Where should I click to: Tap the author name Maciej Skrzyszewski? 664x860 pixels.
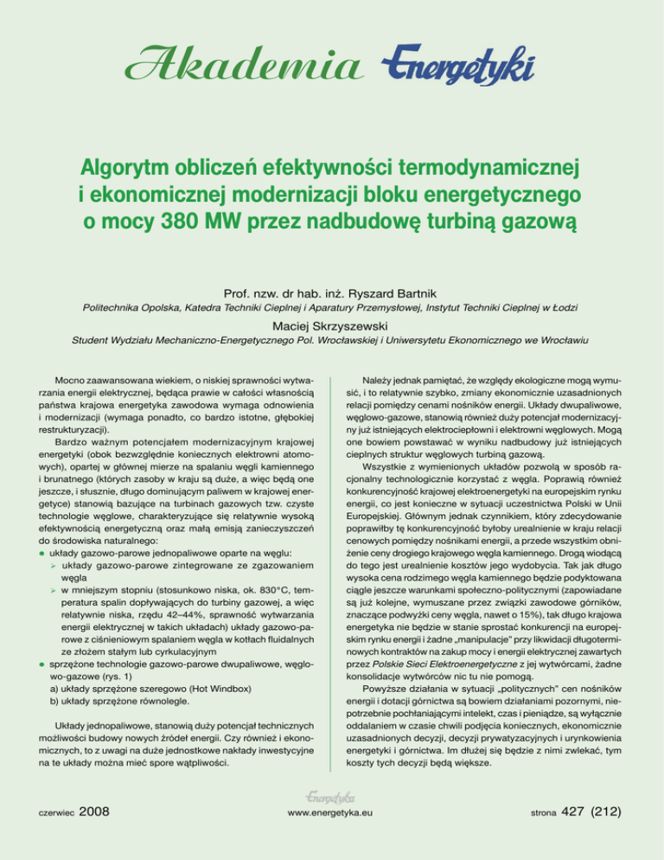(x=332, y=326)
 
